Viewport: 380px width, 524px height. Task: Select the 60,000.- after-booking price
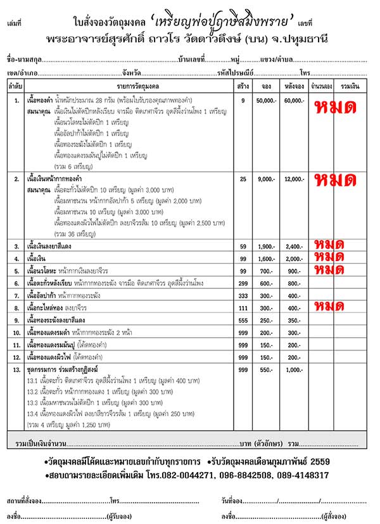tap(294, 101)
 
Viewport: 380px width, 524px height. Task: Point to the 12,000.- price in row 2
tap(294, 179)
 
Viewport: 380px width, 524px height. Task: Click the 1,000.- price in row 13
tap(294, 369)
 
